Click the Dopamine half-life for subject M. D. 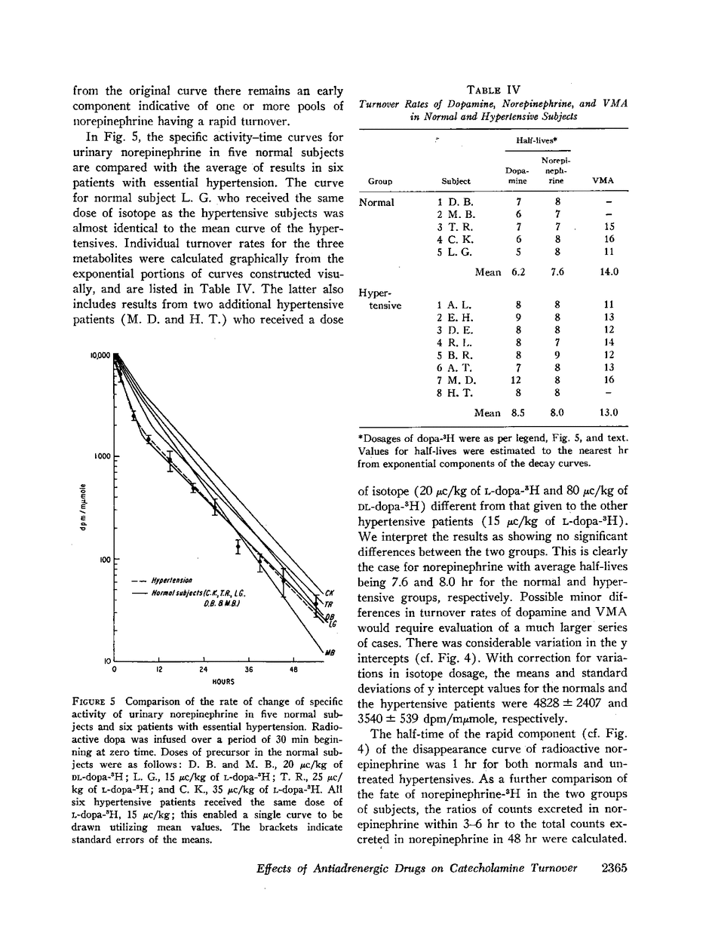click(517, 380)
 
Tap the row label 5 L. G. click(454, 253)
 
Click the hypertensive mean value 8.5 click(517, 413)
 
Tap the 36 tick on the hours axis click(249, 669)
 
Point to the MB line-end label click(329, 653)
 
